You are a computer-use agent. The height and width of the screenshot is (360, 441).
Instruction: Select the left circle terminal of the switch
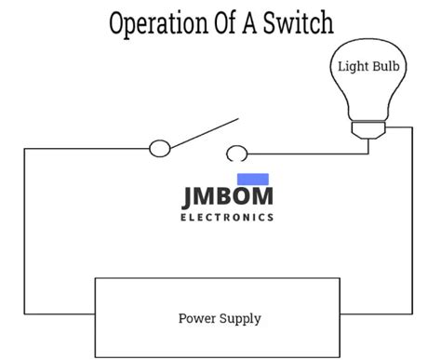[160, 147]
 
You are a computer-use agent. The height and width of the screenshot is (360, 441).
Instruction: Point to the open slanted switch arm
[201, 132]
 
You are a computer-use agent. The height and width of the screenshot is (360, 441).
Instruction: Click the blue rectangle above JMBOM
[253, 180]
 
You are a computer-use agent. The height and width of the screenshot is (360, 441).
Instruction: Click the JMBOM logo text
[227, 197]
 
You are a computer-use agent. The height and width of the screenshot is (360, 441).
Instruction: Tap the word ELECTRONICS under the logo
[227, 218]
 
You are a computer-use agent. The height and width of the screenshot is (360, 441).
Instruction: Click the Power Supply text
[220, 318]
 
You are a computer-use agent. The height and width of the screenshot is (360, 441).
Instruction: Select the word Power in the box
[196, 318]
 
